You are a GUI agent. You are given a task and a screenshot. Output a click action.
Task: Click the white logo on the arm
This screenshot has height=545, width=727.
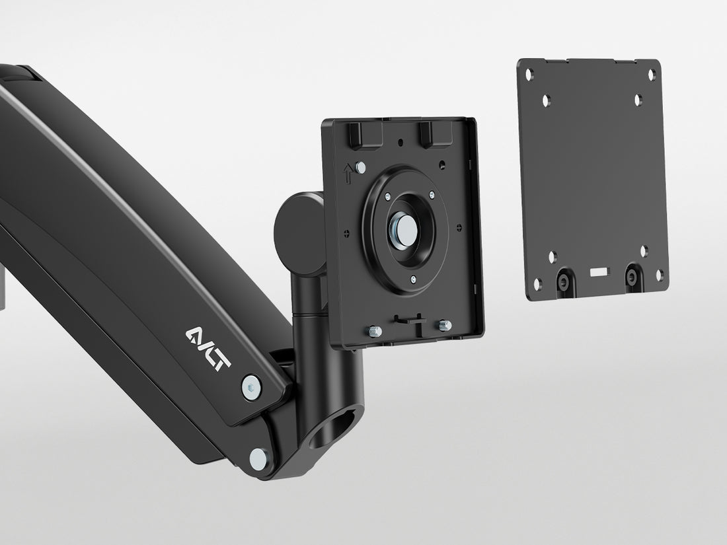pos(208,349)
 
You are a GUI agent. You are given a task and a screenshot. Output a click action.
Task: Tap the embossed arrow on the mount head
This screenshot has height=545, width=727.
pos(348,173)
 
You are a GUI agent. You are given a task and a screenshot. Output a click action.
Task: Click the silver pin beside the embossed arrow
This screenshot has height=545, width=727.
pos(360,167)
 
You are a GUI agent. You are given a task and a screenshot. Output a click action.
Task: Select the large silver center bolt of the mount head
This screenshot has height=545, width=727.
pos(403,231)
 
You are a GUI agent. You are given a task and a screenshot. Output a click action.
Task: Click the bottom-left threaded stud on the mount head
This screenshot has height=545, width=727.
pos(375,332)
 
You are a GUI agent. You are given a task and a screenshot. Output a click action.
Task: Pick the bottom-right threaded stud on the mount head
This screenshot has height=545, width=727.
pos(445,325)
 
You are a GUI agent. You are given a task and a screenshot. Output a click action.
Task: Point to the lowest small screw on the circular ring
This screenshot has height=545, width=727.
pos(413,279)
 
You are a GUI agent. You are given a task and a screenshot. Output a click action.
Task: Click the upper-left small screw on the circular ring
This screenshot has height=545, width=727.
pos(388,196)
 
